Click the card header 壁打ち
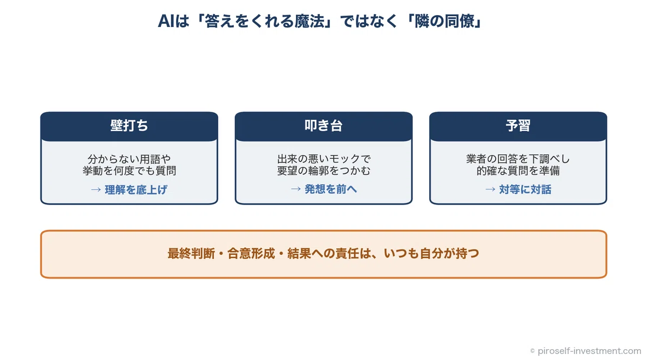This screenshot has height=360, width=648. coord(129,126)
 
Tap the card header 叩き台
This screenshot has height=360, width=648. coord(323,126)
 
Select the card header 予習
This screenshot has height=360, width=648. coord(518,126)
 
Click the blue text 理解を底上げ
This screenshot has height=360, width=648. coord(136,189)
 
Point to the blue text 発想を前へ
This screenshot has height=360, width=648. coord(330,189)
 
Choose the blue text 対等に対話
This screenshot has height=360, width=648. coord(525,189)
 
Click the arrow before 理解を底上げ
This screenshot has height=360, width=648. coord(96,189)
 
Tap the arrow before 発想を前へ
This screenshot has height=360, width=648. coord(296,189)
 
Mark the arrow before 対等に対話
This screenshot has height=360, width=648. coord(490,189)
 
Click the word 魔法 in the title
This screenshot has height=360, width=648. coord(309,22)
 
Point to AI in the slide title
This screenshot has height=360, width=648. coord(166,22)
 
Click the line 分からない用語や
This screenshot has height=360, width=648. coord(129,159)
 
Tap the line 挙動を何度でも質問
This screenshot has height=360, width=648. coord(129,171)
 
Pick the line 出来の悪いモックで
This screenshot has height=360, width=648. coord(323,159)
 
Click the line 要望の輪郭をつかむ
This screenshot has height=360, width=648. coord(323,171)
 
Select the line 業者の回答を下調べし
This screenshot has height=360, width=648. coord(518,159)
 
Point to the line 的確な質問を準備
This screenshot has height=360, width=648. coord(518,171)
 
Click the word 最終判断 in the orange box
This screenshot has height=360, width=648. coord(191,254)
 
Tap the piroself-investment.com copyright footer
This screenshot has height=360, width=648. coord(585,351)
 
